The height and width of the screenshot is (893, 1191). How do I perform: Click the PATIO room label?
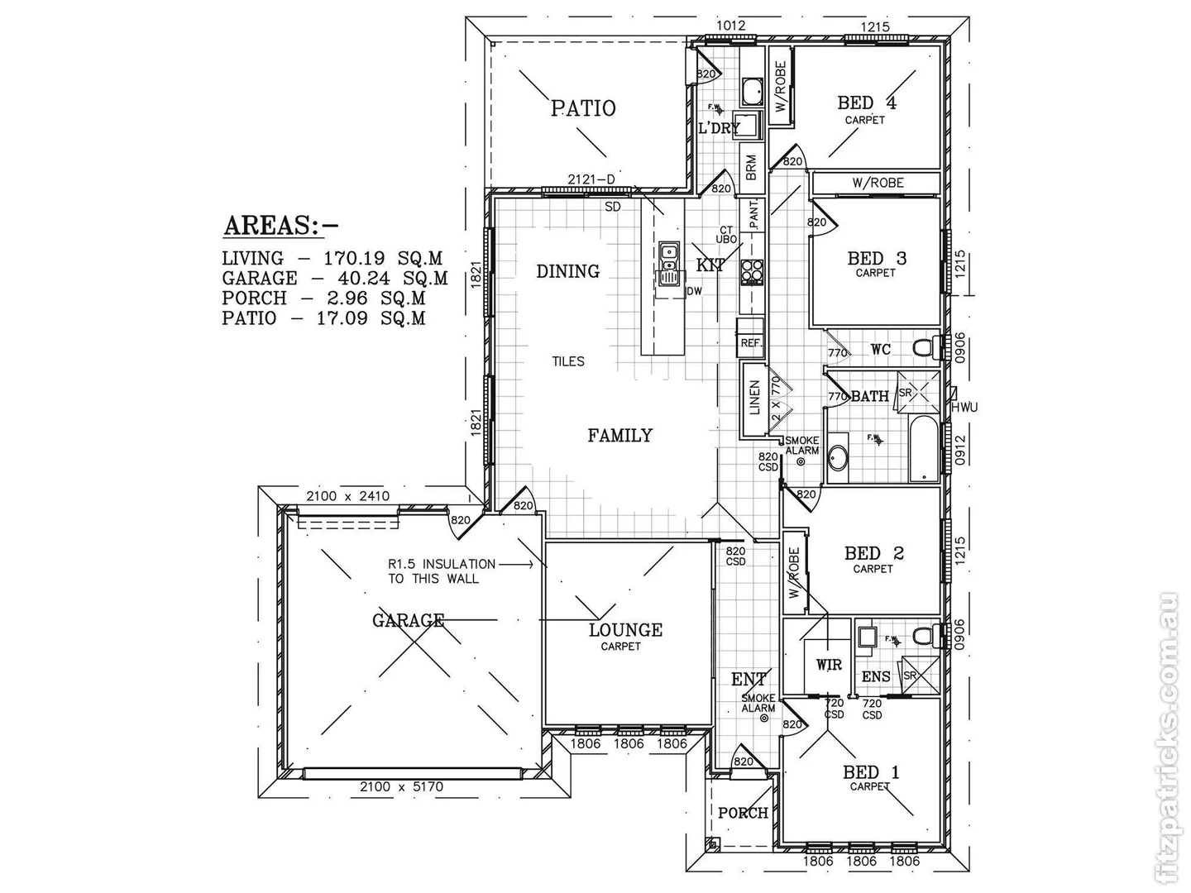[583, 108]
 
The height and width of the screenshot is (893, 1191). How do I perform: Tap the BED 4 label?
[866, 103]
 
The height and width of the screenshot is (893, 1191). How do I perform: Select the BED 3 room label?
[876, 259]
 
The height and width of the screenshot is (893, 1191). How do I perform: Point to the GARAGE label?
[408, 620]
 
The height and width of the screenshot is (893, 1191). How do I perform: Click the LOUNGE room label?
[625, 630]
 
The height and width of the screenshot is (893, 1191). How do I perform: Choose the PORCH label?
[743, 813]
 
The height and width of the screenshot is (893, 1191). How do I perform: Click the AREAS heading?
[281, 225]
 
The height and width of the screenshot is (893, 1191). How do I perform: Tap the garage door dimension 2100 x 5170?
[401, 787]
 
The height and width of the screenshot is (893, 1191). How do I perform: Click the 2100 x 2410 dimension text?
[347, 496]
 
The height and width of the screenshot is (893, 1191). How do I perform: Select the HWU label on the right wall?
[964, 408]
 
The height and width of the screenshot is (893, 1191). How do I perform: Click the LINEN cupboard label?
[754, 398]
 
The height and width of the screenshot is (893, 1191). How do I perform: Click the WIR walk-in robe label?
[829, 665]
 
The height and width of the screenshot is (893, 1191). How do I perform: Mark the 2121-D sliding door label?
[591, 179]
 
